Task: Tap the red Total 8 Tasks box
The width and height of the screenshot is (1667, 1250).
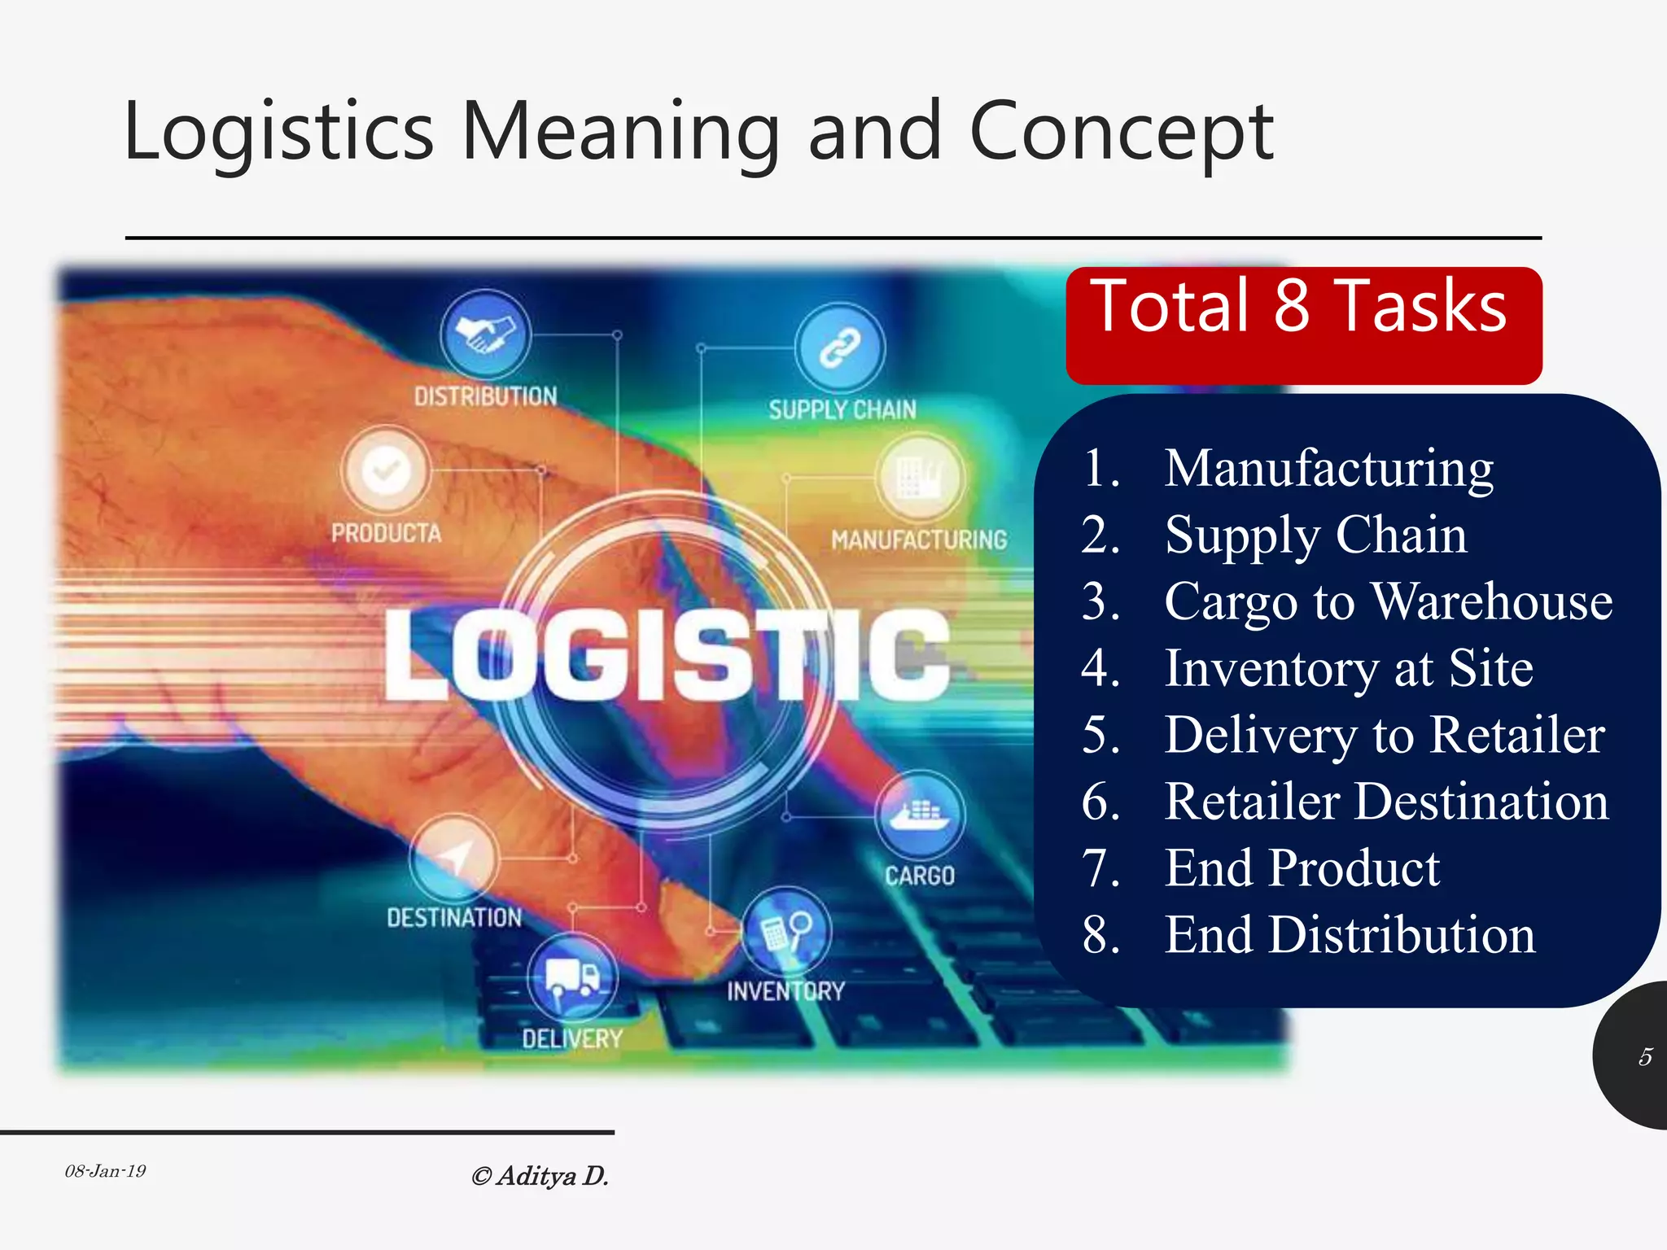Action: [1303, 325]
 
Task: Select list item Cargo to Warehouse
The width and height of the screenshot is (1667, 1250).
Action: [1388, 601]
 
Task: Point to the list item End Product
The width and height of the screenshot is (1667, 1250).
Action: [1302, 868]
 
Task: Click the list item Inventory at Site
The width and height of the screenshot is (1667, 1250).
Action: [1349, 668]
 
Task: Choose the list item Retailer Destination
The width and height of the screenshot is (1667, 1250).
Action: [1386, 802]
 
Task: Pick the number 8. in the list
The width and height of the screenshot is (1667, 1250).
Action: [1100, 934]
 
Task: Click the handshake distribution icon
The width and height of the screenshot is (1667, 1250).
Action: [485, 334]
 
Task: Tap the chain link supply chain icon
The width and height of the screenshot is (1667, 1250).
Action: [840, 348]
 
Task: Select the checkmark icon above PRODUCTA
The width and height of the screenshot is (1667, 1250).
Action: [385, 470]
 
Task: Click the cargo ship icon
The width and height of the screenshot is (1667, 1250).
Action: [920, 814]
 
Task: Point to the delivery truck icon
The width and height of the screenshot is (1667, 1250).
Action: [572, 976]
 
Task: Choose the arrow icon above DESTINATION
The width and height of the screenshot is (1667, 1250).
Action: [453, 858]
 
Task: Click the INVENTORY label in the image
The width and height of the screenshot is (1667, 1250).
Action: [785, 991]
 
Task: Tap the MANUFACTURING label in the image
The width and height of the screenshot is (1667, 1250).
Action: [919, 540]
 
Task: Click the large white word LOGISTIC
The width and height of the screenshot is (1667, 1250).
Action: [667, 656]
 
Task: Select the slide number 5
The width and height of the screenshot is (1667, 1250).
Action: [1645, 1056]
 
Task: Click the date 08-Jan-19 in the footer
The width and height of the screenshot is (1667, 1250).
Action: [105, 1171]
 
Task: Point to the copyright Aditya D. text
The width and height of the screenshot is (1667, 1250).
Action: [540, 1176]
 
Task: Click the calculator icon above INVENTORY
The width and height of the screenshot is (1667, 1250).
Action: [785, 929]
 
